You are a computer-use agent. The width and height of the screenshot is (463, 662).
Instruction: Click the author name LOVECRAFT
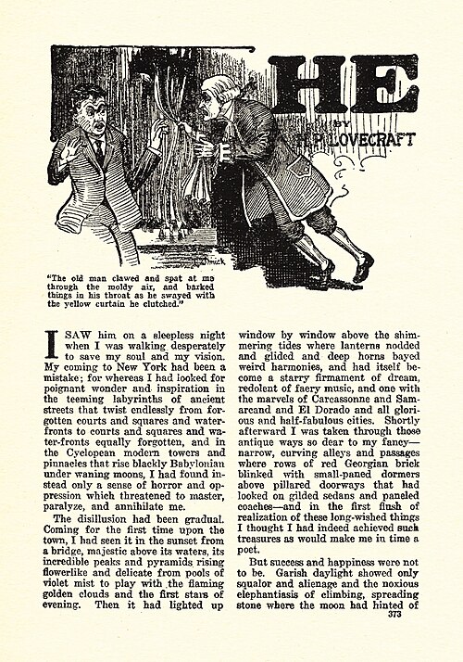tap(380, 139)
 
